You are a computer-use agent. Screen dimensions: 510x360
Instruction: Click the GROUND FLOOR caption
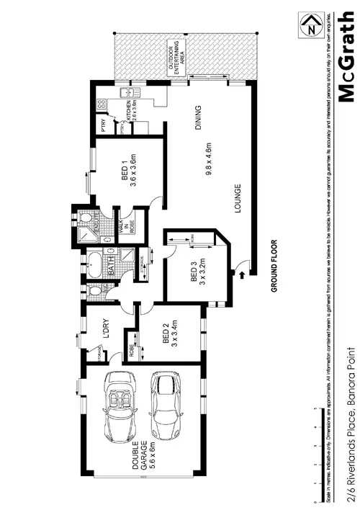274,267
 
